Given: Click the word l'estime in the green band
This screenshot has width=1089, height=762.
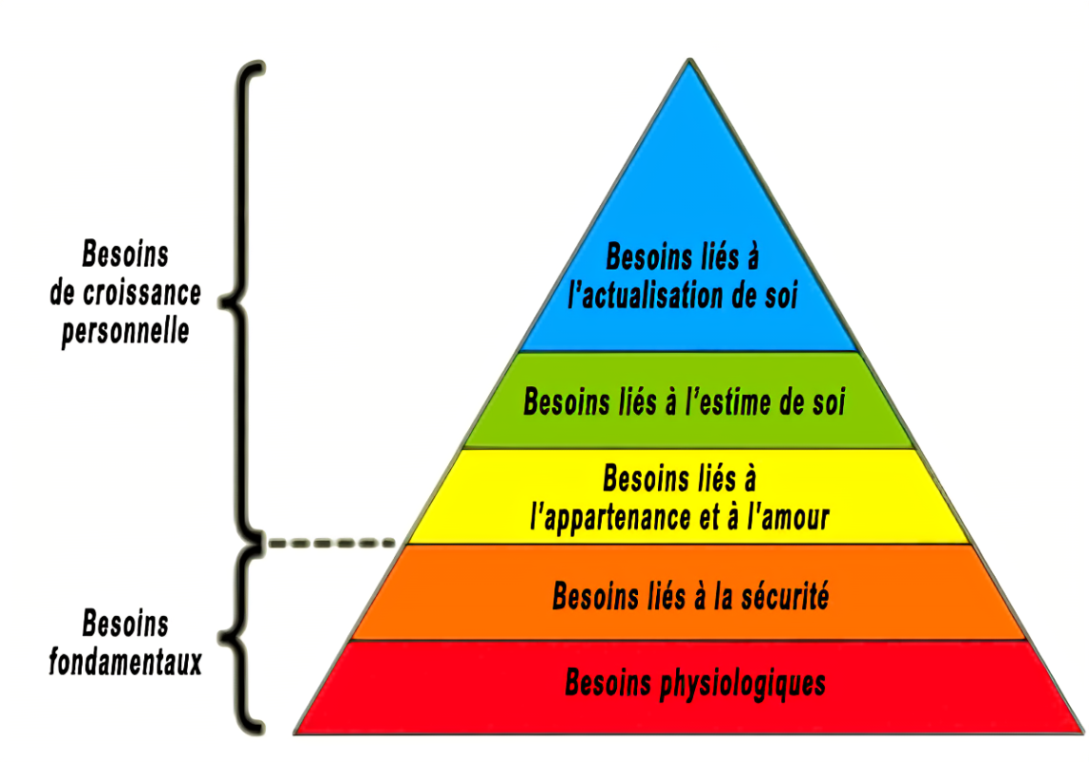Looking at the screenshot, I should point(722,402).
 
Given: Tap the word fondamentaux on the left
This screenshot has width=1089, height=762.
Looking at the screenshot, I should point(125,661).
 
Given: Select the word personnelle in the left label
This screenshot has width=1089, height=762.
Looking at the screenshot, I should point(125,331).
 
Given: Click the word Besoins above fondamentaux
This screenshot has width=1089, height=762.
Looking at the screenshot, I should point(125,625).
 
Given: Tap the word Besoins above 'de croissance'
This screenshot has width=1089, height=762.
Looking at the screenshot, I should point(125,255).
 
